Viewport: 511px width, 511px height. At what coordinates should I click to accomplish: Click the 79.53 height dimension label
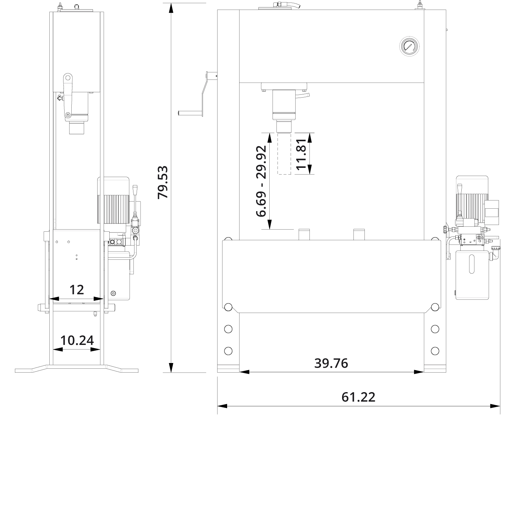pos(163,182)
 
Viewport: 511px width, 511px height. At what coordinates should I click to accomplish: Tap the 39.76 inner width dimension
pos(331,363)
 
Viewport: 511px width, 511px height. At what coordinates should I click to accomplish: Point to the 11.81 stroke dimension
pos(301,154)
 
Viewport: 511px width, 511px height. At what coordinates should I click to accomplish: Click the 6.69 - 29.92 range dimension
pos(261,181)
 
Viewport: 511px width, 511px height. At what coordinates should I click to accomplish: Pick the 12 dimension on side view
pos(77,290)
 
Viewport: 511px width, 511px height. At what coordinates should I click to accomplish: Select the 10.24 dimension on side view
pos(77,340)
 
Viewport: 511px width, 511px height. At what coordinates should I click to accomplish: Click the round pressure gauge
pos(409,46)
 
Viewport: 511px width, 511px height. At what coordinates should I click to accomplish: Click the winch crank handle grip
pos(190,113)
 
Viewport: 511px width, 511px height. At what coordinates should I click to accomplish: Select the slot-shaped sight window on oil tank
pos(472,264)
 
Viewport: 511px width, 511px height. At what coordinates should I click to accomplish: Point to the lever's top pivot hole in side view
pos(68,78)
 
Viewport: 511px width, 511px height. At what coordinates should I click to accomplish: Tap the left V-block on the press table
pos(304,235)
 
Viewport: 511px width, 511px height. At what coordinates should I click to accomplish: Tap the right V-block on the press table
pos(359,235)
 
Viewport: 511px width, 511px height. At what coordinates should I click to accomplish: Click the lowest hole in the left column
pos(228,351)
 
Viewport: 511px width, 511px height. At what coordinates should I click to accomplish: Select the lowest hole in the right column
pos(435,351)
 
